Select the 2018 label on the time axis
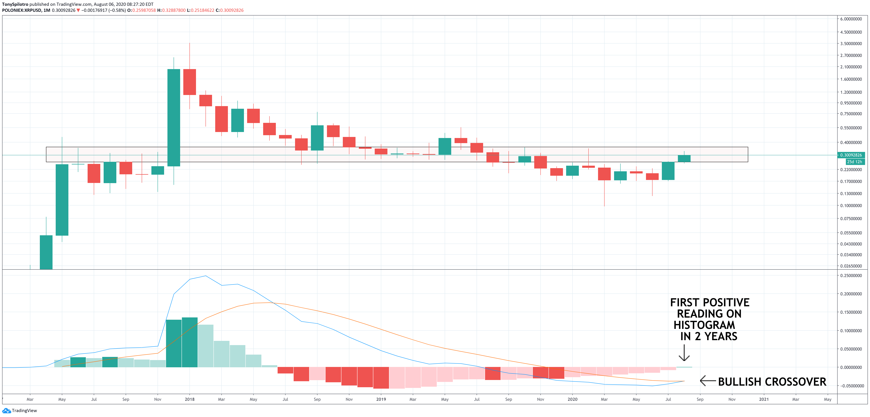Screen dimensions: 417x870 [x=189, y=399]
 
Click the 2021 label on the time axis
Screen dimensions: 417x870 [x=764, y=399]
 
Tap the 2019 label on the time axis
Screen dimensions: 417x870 [x=381, y=399]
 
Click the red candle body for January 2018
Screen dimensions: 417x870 [x=189, y=82]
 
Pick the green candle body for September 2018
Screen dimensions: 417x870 [x=317, y=138]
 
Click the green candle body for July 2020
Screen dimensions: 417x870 [x=668, y=171]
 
